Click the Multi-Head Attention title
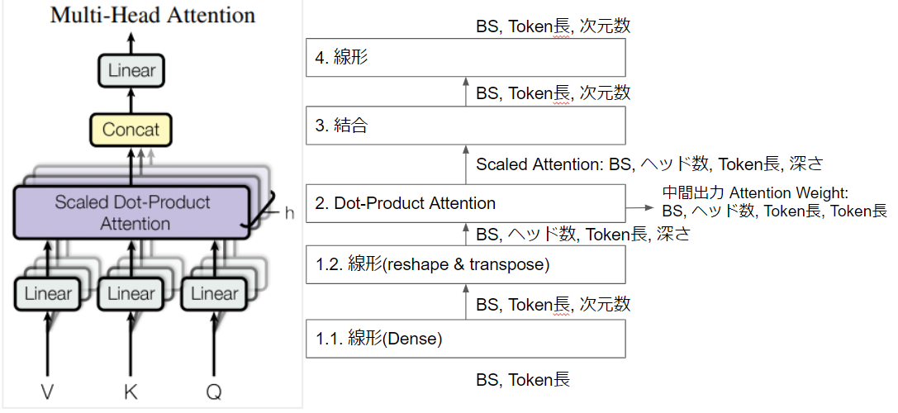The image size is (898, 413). click(x=153, y=15)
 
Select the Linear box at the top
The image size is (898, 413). click(x=131, y=70)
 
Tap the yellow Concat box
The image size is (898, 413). click(x=131, y=130)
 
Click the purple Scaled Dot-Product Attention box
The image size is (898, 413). click(x=132, y=212)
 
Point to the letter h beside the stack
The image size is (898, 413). click(x=288, y=213)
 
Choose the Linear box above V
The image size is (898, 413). click(x=47, y=293)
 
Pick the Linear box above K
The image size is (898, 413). click(x=131, y=293)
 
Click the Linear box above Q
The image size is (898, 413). click(x=214, y=293)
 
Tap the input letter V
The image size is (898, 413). click(x=47, y=392)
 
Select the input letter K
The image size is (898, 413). click(x=131, y=392)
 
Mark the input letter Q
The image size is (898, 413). click(x=214, y=392)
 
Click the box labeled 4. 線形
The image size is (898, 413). click(x=465, y=58)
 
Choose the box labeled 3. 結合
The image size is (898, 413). click(x=465, y=126)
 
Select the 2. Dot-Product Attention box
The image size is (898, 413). click(x=465, y=203)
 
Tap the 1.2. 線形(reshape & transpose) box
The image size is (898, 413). click(x=465, y=264)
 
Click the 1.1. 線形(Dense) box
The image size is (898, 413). click(x=465, y=338)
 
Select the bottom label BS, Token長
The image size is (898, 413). click(x=522, y=380)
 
